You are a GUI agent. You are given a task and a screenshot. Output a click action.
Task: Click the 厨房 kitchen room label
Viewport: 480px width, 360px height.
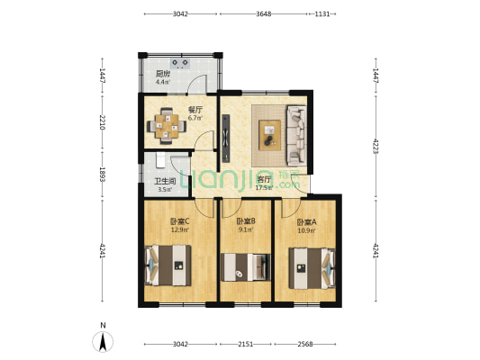164,74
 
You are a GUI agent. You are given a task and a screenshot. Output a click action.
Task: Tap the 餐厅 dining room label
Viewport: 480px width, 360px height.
194,110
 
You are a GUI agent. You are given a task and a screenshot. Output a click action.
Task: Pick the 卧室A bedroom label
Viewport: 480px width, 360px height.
307,221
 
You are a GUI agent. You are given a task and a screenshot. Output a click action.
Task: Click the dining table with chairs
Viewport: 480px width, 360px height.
168,125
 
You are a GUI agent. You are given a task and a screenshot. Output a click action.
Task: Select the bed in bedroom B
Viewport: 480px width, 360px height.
247,267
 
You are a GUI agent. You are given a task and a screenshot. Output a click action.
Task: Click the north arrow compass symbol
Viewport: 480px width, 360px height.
104,341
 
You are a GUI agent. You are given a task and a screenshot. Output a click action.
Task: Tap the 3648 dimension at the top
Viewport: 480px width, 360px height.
265,13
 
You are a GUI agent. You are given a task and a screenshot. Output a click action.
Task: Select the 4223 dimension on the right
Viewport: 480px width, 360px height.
376,144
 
